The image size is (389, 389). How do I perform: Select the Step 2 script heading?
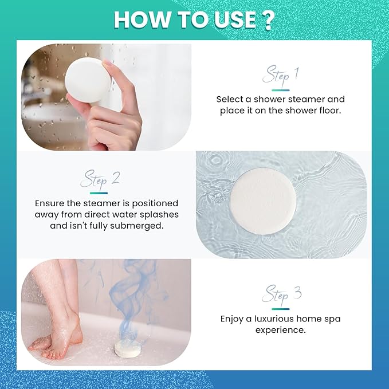click(x=100, y=179)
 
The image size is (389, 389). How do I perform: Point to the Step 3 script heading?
click(x=281, y=294)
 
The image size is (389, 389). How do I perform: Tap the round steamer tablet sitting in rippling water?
click(x=263, y=201)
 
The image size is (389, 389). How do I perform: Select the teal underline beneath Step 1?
click(x=281, y=91)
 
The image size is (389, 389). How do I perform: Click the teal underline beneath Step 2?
click(x=99, y=193)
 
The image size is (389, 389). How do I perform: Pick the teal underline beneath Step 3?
click(x=281, y=309)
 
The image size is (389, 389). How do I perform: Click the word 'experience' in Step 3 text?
click(x=280, y=331)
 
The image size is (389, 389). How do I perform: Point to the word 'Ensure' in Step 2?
click(x=49, y=203)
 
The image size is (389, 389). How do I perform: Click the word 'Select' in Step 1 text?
click(x=230, y=99)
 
